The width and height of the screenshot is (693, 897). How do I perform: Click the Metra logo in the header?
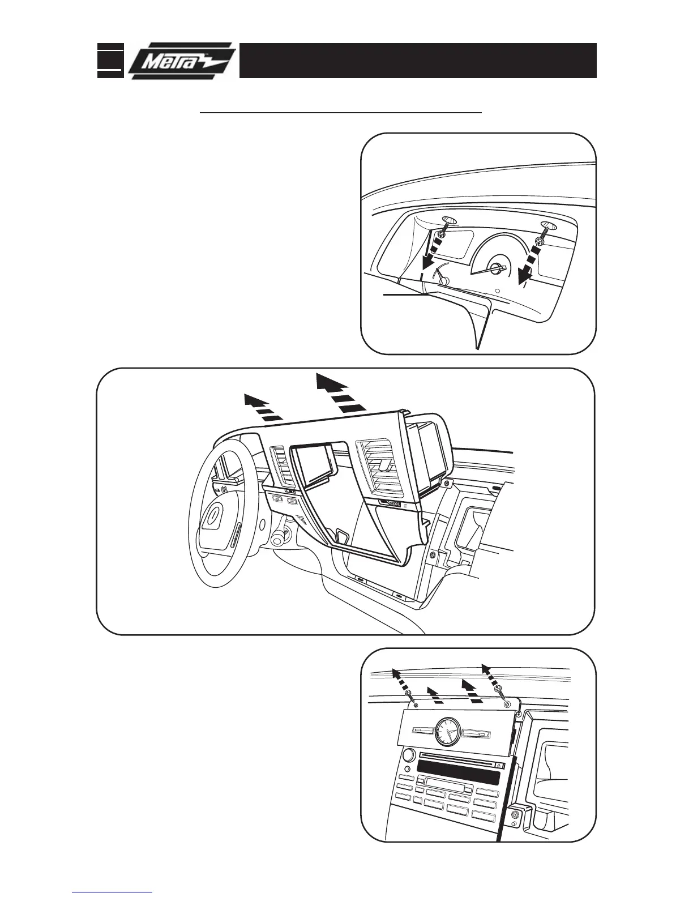pyautogui.click(x=180, y=60)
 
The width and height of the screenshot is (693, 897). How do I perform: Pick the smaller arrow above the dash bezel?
pyautogui.click(x=262, y=408)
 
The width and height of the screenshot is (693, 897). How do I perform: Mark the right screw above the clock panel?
pyautogui.click(x=499, y=689)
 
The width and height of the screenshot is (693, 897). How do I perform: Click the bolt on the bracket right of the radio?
pyautogui.click(x=516, y=816)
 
